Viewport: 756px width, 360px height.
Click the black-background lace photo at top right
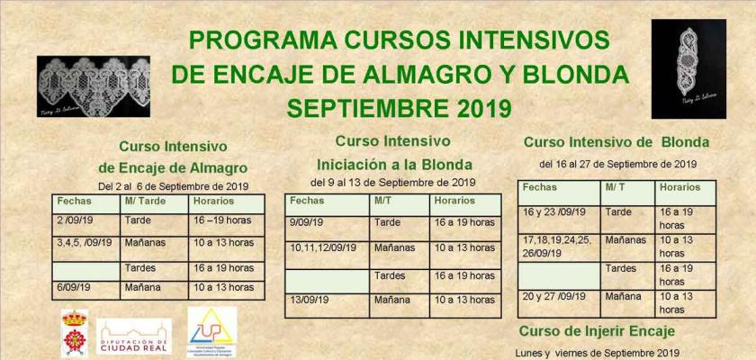pos(688,68)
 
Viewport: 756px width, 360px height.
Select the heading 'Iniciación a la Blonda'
pos(394,165)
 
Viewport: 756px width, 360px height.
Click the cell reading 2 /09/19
pos(76,220)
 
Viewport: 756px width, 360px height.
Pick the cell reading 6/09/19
pos(71,288)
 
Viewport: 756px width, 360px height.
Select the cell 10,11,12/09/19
pos(325,247)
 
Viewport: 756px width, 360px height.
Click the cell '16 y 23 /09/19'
pos(553,212)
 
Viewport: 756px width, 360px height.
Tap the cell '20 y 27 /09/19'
pos(553,296)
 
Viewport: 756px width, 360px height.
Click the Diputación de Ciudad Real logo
pos(134,336)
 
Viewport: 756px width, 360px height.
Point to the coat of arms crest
pos(73,332)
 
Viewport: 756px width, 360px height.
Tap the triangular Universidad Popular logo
pos(211,331)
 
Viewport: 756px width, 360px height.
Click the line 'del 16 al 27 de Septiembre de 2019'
pos(617,164)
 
